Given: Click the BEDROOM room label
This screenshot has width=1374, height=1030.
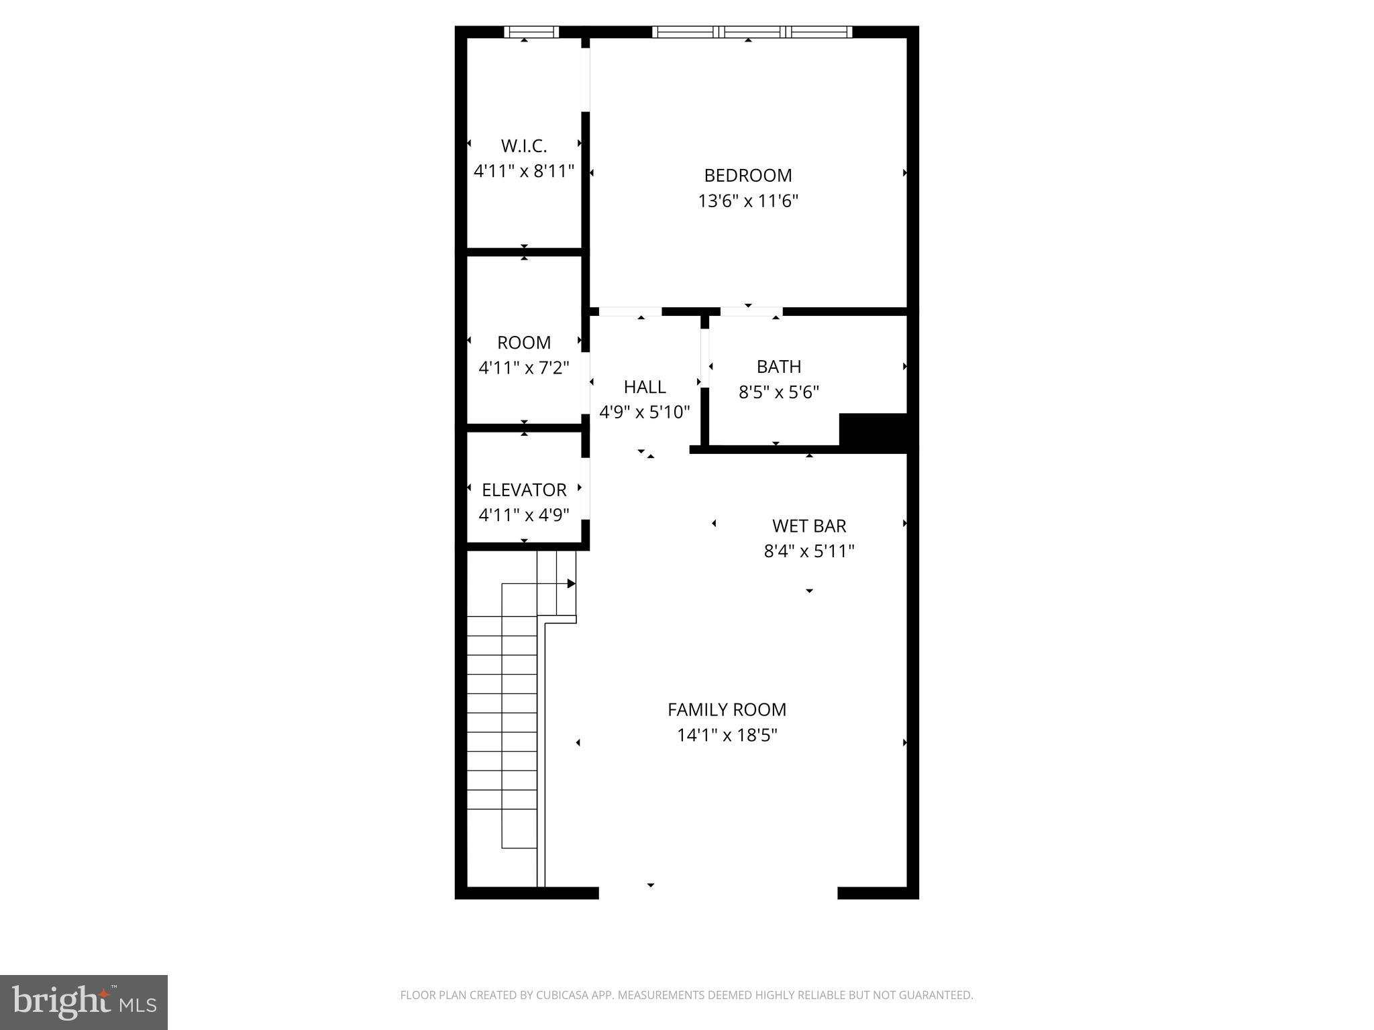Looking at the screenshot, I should [747, 176].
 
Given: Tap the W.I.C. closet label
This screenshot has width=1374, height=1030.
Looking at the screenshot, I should [524, 146].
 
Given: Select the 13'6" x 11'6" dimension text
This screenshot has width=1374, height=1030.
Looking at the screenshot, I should [748, 201].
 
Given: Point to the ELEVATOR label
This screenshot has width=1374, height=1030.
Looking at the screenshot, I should [524, 490].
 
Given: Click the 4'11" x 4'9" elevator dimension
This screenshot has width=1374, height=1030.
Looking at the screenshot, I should [524, 515].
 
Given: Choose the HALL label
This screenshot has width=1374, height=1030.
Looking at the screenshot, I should [645, 387].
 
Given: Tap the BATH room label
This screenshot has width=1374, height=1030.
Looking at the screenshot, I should [779, 367].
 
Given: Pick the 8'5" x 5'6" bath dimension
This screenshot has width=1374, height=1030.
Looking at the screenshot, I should [779, 392].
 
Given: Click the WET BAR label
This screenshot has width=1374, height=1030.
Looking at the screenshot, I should [809, 526].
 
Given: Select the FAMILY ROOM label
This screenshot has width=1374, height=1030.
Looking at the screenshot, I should [727, 709].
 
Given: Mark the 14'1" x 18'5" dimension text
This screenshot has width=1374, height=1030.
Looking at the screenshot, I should [727, 736].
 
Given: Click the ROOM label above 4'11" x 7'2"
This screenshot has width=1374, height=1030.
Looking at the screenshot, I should [524, 343].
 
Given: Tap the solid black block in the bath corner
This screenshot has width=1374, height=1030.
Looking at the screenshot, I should [873, 431].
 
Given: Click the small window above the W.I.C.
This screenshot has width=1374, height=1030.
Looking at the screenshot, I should [531, 32].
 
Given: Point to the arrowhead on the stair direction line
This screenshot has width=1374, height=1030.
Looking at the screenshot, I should [572, 583].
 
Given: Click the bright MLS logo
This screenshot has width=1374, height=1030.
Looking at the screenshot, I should [84, 1003].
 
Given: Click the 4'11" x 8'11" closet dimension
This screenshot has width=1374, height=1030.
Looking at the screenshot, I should [524, 171].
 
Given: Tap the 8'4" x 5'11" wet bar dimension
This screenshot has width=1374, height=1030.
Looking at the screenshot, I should [809, 551].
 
